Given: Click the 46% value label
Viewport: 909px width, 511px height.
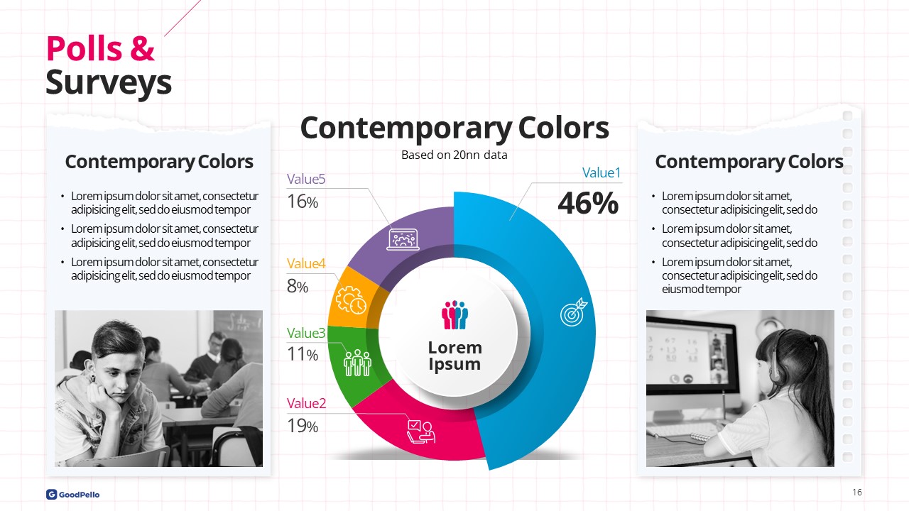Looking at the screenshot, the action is pyautogui.click(x=588, y=203).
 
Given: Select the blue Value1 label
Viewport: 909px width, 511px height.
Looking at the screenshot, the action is pyautogui.click(x=602, y=172).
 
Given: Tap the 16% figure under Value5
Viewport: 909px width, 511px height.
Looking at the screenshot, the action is pyautogui.click(x=303, y=202).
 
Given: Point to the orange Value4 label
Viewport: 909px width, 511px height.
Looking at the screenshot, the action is pyautogui.click(x=306, y=263).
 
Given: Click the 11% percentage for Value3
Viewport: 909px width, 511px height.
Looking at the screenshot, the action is pyautogui.click(x=303, y=354).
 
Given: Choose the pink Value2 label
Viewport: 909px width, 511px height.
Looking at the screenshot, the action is pyautogui.click(x=306, y=404).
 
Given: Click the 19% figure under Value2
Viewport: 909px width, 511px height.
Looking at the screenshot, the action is pyautogui.click(x=303, y=426).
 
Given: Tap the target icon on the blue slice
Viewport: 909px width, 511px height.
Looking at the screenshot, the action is pyautogui.click(x=573, y=312).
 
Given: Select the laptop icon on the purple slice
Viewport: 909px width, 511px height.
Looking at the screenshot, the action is pyautogui.click(x=403, y=239).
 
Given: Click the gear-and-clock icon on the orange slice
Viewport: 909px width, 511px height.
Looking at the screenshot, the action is pyautogui.click(x=351, y=300).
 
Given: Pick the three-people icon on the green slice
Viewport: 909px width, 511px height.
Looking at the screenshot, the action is pyautogui.click(x=357, y=363).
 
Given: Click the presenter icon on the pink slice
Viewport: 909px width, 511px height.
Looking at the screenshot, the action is pyautogui.click(x=421, y=432).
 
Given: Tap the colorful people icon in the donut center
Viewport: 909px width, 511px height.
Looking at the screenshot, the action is pyautogui.click(x=454, y=314).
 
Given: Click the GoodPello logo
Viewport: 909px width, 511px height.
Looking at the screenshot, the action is pyautogui.click(x=72, y=495).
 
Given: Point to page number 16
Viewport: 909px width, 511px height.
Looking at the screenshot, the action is pyautogui.click(x=856, y=492).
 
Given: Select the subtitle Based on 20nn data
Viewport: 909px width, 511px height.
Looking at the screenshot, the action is pyautogui.click(x=454, y=155).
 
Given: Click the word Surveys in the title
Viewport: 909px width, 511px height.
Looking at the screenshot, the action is pyautogui.click(x=109, y=83).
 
